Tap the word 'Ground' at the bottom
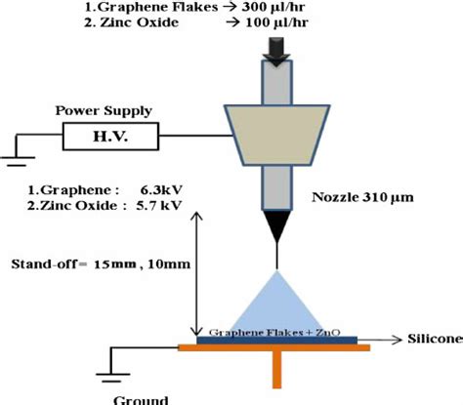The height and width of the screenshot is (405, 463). pos(134,398)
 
